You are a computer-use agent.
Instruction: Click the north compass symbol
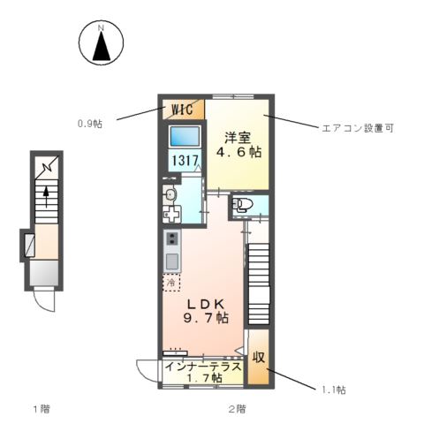101,43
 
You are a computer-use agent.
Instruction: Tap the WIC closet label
182,110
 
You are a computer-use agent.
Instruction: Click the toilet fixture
241,207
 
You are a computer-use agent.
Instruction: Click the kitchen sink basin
171,261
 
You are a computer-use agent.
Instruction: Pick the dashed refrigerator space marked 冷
170,284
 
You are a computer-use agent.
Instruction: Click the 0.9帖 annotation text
89,124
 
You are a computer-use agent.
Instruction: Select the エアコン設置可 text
357,127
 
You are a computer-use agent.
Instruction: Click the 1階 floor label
42,409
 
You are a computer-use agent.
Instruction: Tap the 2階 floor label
236,409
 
